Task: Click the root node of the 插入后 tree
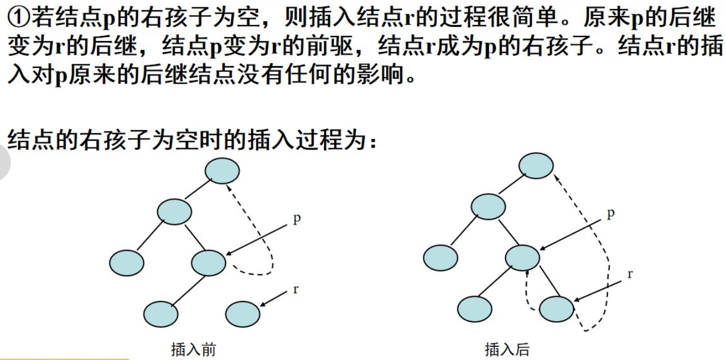click(536, 165)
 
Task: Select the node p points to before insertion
click(209, 262)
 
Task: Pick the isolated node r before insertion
click(243, 313)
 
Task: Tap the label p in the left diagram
click(297, 218)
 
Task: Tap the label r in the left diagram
click(296, 289)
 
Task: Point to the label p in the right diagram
click(611, 213)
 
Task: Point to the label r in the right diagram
click(630, 274)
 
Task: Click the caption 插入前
click(193, 349)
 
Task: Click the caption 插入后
click(507, 349)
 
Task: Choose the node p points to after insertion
click(523, 257)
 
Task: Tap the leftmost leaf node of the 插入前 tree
click(126, 262)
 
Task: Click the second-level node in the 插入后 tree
click(489, 206)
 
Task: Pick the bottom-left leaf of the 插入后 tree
click(474, 308)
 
